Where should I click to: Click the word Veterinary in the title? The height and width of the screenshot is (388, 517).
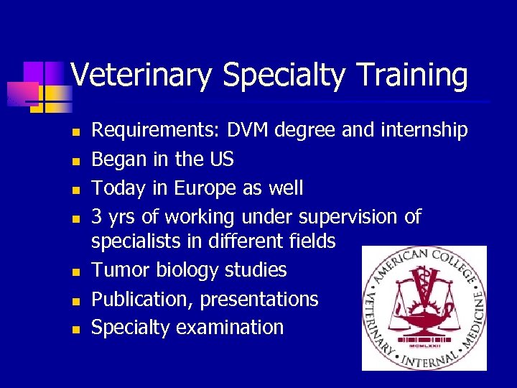click(x=136, y=75)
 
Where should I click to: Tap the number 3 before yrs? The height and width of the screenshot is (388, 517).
click(x=97, y=217)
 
